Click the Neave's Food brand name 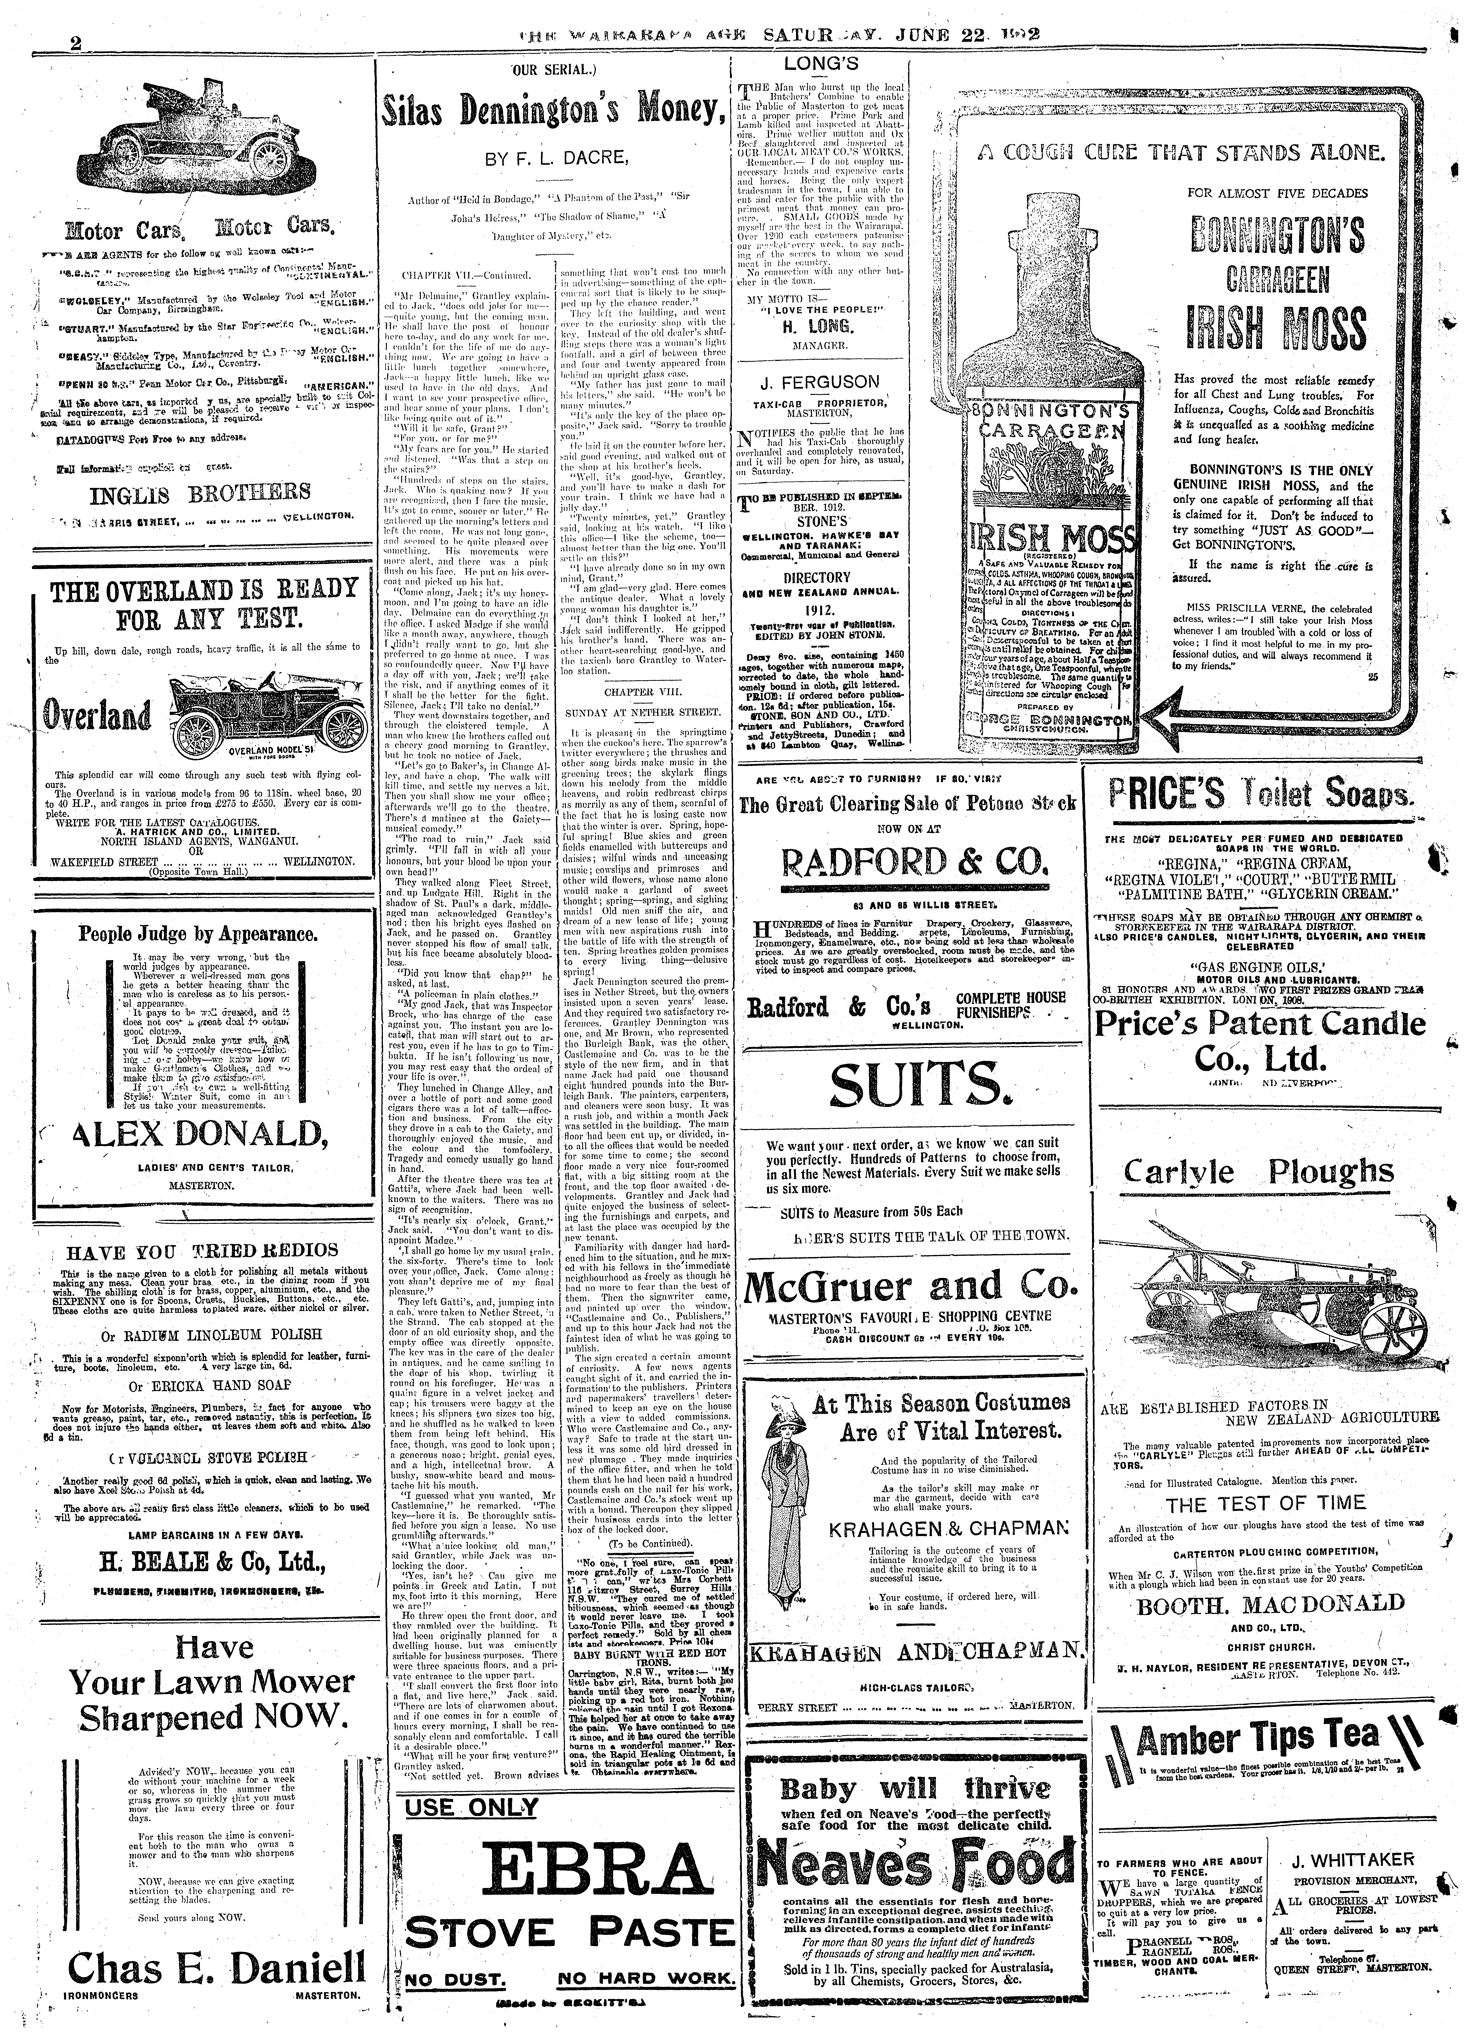pos(915,1864)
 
